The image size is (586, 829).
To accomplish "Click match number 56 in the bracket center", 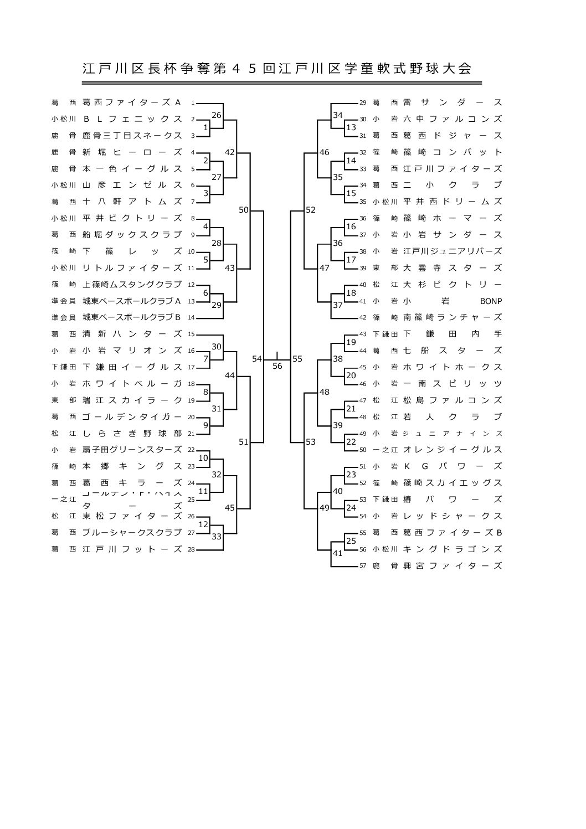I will tap(277, 366).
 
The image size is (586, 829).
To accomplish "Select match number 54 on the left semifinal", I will tap(257, 359).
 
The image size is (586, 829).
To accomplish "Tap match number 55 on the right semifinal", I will tap(297, 359).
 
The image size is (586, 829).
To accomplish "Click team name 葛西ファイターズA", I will tap(132, 102).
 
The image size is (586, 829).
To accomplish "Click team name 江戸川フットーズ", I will tap(132, 549).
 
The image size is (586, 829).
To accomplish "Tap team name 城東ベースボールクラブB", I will tap(132, 318).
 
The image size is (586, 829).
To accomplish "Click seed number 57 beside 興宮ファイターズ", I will tap(363, 566).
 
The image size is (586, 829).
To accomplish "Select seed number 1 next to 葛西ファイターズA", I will tap(192, 103).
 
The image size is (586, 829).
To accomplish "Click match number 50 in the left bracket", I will tap(244, 210).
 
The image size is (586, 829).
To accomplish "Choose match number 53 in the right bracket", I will tap(311, 442).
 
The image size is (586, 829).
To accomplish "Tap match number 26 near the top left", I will tap(217, 115).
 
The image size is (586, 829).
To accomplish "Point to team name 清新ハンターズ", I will tap(132, 334).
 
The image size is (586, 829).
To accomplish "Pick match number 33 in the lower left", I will tap(217, 536).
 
